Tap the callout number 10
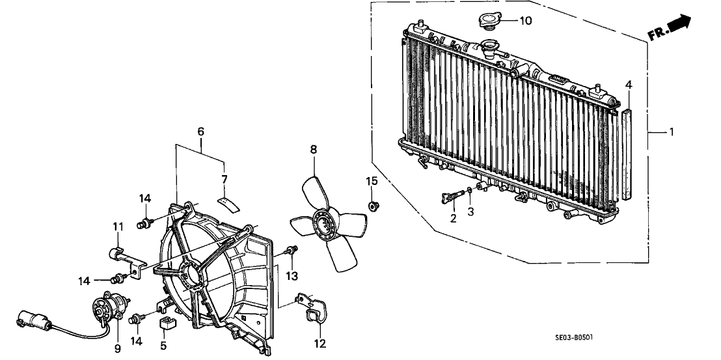click(525, 21)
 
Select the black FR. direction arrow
click(679, 25)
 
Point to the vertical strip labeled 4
click(628, 153)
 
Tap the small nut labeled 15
click(374, 207)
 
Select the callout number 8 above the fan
click(313, 150)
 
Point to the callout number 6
click(200, 132)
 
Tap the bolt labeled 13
click(292, 250)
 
